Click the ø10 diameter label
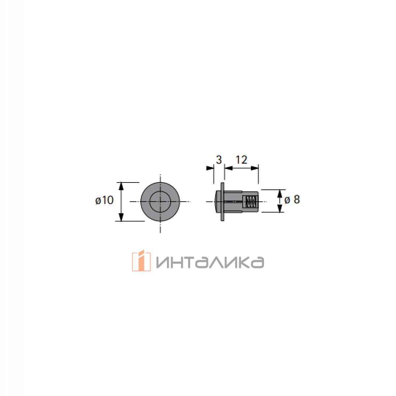click(x=104, y=200)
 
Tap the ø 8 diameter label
click(x=292, y=200)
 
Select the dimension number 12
click(x=241, y=160)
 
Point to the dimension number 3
click(x=219, y=160)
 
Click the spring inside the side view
click(x=251, y=202)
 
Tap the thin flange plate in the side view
click(x=222, y=202)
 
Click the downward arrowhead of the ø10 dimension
click(x=121, y=217)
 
